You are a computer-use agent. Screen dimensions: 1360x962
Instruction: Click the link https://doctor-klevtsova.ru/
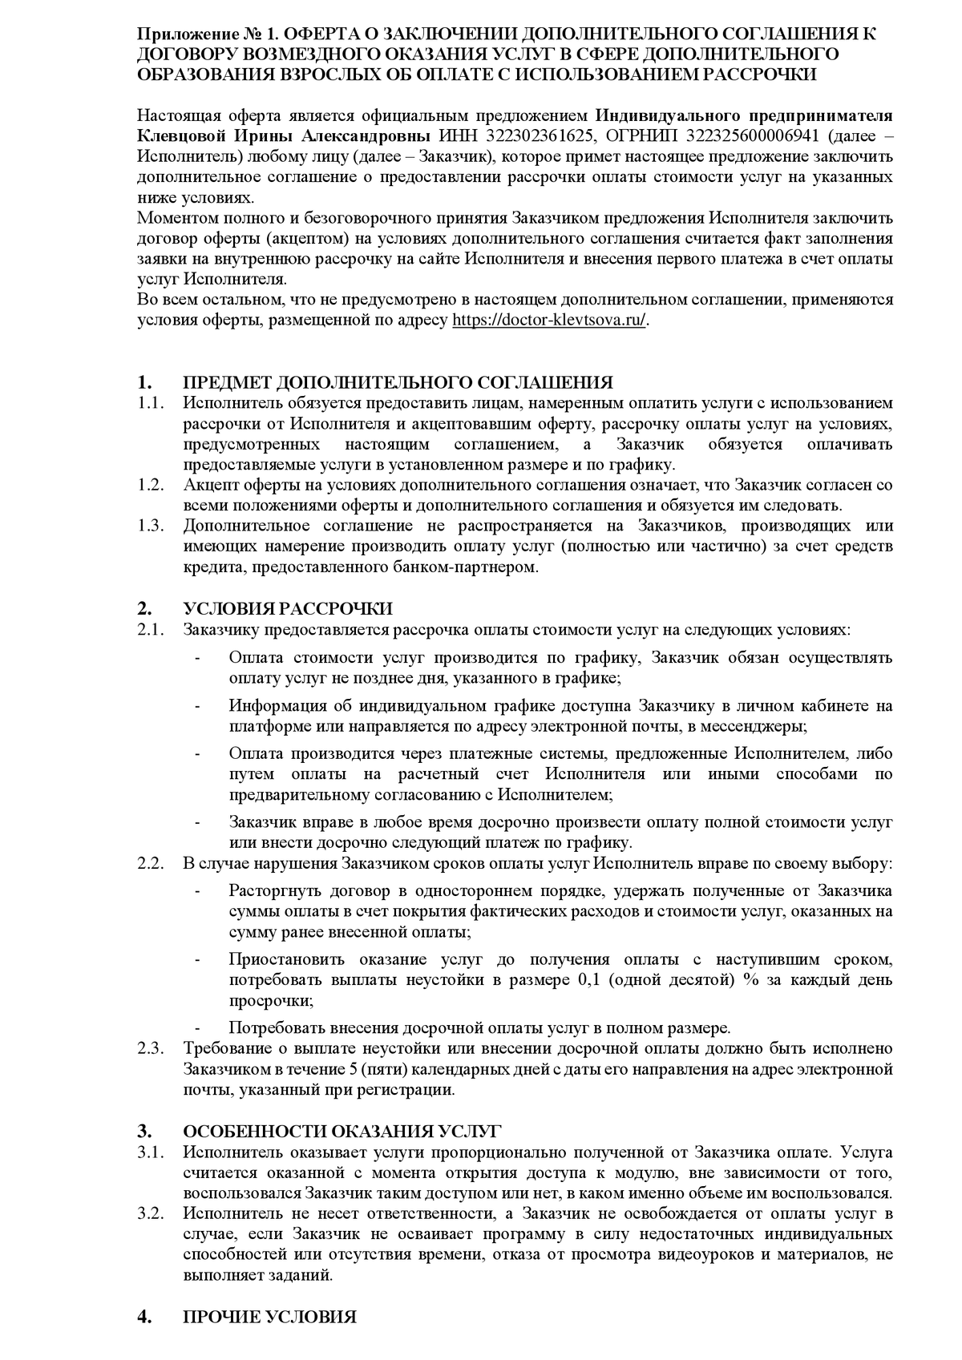point(549,320)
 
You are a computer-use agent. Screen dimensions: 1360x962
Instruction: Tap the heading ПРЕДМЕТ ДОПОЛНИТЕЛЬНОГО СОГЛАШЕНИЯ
point(398,382)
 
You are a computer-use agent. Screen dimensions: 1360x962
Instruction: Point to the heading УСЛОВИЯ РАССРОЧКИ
point(288,608)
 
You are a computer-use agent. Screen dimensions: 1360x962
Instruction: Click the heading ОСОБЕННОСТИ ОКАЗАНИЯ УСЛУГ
point(342,1132)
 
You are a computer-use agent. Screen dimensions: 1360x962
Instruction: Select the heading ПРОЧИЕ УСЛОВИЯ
point(269,1318)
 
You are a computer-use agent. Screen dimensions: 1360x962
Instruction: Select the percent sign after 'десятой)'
point(750,980)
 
